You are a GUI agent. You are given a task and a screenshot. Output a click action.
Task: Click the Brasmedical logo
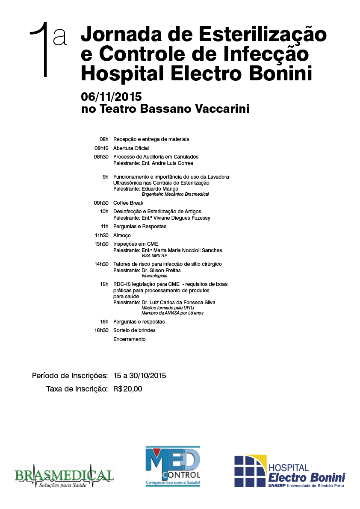point(64,476)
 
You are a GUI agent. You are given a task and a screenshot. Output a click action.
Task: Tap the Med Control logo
point(173,466)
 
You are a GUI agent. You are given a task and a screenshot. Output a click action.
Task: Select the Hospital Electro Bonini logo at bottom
point(289,471)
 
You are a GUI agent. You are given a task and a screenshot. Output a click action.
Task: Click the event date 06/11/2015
point(111,97)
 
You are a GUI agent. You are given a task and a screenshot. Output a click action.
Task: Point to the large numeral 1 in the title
point(41,50)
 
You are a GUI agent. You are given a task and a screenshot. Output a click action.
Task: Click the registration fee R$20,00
point(127,389)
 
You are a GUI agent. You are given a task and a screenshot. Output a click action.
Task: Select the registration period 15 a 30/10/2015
point(139,376)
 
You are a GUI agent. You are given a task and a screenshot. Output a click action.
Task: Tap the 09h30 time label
point(101,203)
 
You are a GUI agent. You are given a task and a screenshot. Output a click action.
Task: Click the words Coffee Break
point(128,203)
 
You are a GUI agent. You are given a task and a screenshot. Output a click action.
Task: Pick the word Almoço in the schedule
point(122,235)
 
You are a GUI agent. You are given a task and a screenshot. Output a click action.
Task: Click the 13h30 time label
point(101,244)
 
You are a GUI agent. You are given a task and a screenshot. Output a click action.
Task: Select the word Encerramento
point(129,339)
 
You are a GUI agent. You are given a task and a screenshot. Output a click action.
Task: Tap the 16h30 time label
point(101,330)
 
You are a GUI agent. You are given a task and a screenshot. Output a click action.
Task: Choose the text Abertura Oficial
point(131,148)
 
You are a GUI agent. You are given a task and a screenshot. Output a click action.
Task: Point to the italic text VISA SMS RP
point(154,256)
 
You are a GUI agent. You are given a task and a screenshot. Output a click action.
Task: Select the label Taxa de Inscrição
point(77,389)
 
